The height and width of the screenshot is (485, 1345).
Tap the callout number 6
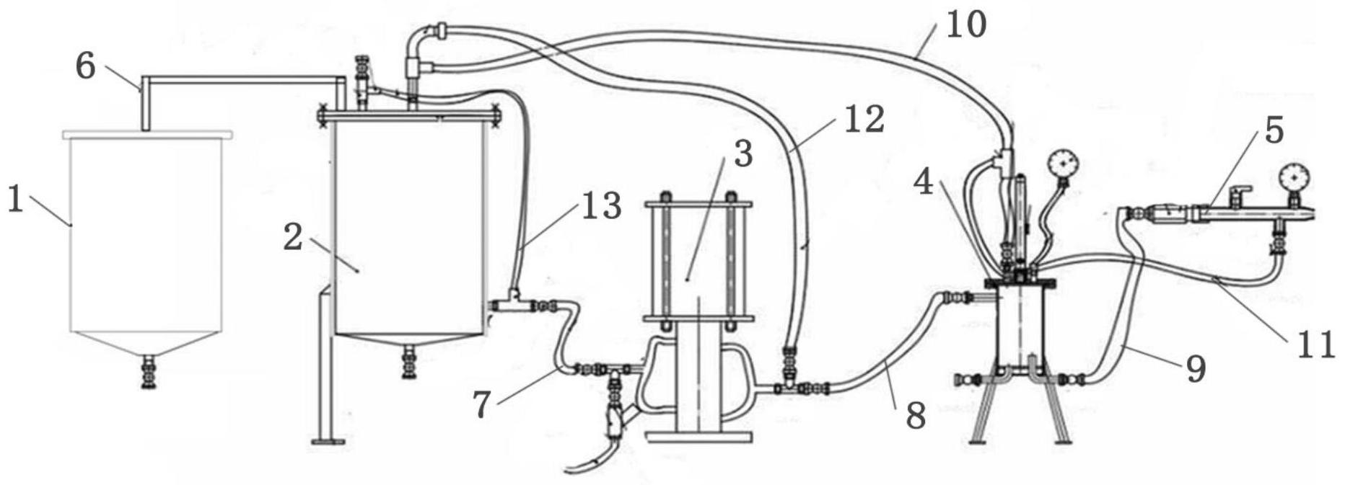coord(85,67)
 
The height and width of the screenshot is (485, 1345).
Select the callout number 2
coord(292,237)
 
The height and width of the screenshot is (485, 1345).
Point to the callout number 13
coord(601,207)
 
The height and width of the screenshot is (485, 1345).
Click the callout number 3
coord(743,153)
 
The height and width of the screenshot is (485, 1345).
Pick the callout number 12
coord(864,119)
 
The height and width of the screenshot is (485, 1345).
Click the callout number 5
coord(1274,130)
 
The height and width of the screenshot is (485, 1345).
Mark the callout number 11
coord(1315,344)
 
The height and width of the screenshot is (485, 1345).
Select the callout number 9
coord(1196,369)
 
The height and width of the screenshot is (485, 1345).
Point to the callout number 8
coord(915,416)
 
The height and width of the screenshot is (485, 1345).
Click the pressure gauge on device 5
coord(1294,176)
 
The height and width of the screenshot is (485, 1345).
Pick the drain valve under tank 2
coord(409,362)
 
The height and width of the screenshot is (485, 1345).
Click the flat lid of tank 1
coord(147,134)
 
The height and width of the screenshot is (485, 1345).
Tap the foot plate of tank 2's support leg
coord(328,441)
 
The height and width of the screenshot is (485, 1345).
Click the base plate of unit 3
coord(699,436)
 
